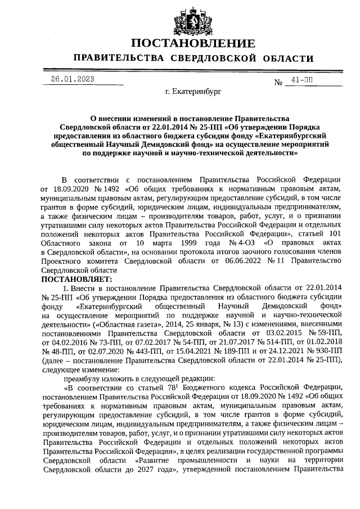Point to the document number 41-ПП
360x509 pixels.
pos(299,80)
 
